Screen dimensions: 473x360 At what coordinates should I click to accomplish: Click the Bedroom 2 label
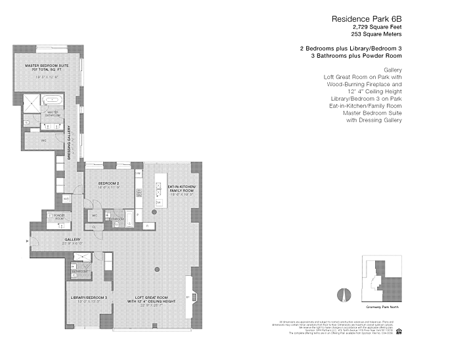(108, 183)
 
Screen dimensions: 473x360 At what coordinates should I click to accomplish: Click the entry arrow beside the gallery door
(27, 241)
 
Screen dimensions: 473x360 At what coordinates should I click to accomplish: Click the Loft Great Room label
(154, 300)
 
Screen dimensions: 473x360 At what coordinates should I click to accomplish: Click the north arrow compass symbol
(342, 294)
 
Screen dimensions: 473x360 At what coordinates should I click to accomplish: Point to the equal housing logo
(398, 331)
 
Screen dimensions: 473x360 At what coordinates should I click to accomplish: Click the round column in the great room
(157, 270)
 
